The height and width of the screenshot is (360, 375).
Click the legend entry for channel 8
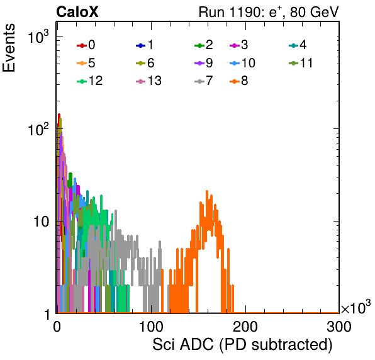[x=238, y=81]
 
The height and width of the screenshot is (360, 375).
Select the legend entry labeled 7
[x=203, y=81]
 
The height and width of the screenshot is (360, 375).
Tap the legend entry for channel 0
[x=86, y=45]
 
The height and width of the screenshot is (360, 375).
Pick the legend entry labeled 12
[x=90, y=81]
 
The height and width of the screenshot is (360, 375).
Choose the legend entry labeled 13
[x=148, y=81]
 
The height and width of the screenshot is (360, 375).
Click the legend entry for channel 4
[x=298, y=45]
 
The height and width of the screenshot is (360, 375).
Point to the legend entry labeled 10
[x=242, y=63]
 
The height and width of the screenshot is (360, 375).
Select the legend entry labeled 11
[x=301, y=63]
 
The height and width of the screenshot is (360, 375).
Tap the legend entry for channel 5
[x=86, y=63]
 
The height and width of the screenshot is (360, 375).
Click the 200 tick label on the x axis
[x=245, y=327]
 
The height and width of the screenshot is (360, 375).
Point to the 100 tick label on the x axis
[x=151, y=327]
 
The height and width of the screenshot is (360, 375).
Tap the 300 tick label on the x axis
[x=339, y=327]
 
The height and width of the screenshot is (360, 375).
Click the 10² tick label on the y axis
[x=38, y=129]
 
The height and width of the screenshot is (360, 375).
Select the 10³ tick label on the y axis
[x=38, y=37]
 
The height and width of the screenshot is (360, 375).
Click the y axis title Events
[x=9, y=48]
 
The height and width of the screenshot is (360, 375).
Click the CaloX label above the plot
[x=77, y=12]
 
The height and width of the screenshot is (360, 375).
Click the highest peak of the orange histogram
[x=207, y=191]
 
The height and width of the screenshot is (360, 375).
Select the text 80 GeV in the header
[x=315, y=12]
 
